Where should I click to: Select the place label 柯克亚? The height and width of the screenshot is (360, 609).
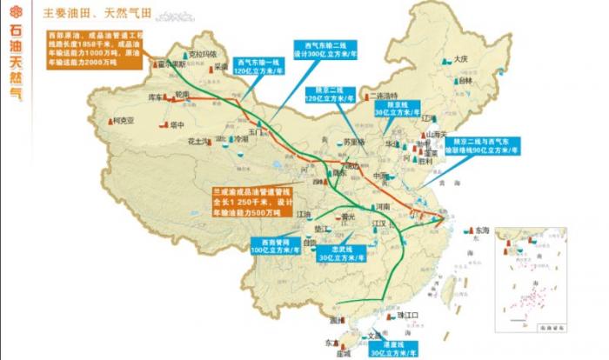[x=124, y=121]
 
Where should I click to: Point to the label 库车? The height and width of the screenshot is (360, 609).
[x=157, y=97]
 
